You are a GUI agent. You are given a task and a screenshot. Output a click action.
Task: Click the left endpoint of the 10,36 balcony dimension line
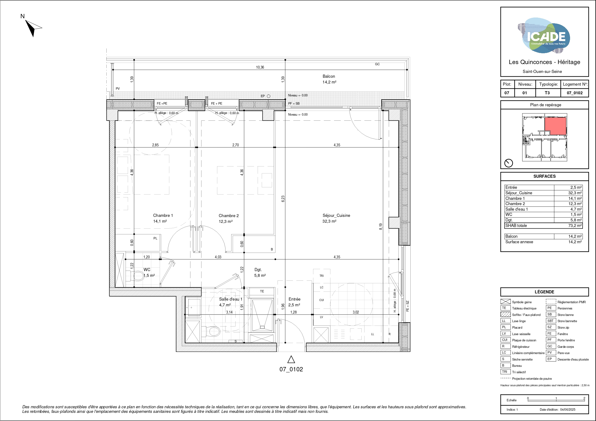[x=113, y=70]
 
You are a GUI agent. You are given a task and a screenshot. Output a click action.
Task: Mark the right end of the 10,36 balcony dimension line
[x=407, y=70]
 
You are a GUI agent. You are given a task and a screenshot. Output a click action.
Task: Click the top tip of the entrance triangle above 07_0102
[x=291, y=356]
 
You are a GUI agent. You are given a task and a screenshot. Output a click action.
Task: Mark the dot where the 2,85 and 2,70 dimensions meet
[x=197, y=147]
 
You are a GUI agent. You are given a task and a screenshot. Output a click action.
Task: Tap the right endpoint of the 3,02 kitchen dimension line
[x=399, y=315]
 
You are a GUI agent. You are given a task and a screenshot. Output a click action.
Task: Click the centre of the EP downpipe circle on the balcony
[x=269, y=96]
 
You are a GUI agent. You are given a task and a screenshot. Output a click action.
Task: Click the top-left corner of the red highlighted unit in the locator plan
[x=545, y=117]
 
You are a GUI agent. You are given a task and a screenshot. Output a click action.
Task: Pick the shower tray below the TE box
[x=262, y=315]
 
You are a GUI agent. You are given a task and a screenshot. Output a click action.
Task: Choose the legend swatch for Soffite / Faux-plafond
[x=505, y=314]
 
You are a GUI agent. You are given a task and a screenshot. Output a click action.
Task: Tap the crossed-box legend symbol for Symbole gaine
[x=505, y=302]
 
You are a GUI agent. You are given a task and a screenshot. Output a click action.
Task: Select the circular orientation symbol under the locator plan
[x=509, y=163]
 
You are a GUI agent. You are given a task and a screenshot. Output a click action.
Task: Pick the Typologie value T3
[x=547, y=93]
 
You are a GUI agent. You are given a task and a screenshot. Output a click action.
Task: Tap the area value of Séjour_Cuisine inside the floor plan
[x=329, y=221]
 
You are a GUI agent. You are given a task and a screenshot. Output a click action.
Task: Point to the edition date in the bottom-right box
[x=568, y=409]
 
